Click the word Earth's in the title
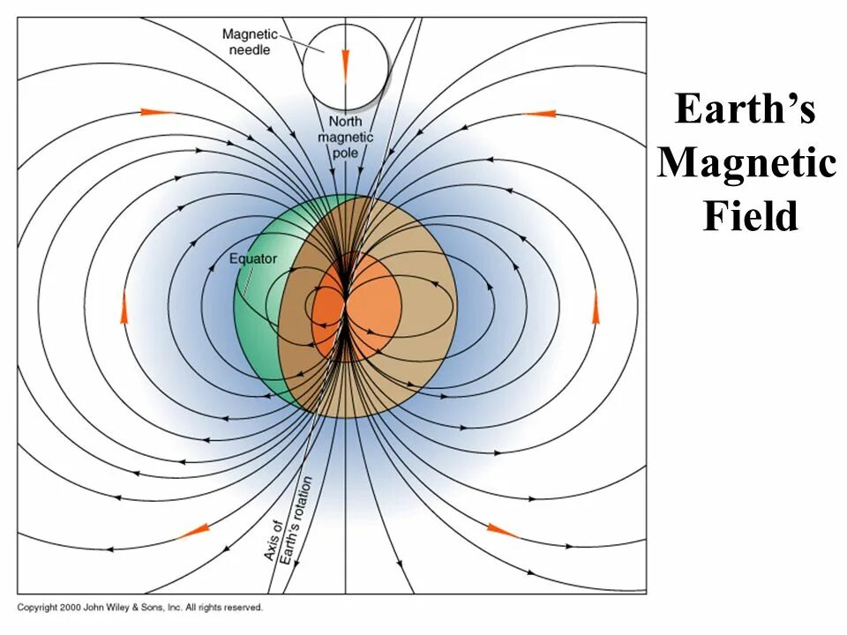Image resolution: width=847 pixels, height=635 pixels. pyautogui.click(x=746, y=110)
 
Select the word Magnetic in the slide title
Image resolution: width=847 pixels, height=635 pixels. pyautogui.click(x=746, y=164)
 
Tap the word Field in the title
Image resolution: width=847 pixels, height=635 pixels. pyautogui.click(x=750, y=217)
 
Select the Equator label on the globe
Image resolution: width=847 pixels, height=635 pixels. pyautogui.click(x=253, y=258)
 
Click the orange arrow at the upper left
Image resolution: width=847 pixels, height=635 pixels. pyautogui.click(x=157, y=112)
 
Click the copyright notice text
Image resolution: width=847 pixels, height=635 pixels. pyautogui.click(x=140, y=608)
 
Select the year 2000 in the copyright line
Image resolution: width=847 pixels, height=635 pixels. pyautogui.click(x=71, y=608)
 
